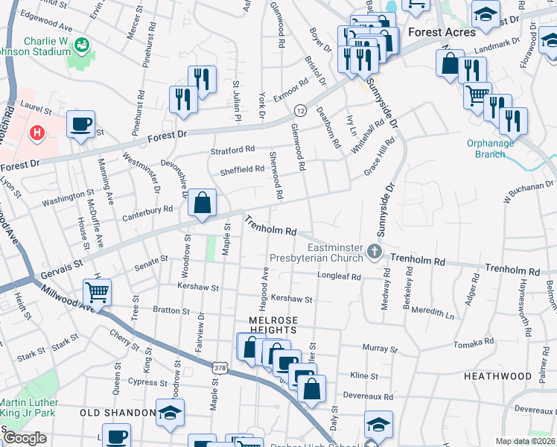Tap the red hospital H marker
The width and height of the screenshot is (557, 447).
[x=35, y=133]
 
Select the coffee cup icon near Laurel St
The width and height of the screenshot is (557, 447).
[x=80, y=124]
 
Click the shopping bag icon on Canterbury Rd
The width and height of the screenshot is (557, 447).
[x=202, y=203]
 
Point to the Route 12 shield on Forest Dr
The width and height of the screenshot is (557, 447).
[x=300, y=110]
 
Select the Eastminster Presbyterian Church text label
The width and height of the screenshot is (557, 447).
[x=335, y=253]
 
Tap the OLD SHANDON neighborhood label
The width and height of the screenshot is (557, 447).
[x=111, y=413]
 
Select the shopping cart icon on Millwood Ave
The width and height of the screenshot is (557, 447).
[x=98, y=291]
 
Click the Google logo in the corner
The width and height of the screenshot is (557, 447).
[x=24, y=439]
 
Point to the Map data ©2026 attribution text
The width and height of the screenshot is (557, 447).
[x=524, y=441]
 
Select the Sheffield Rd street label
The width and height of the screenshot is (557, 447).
[x=242, y=170]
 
